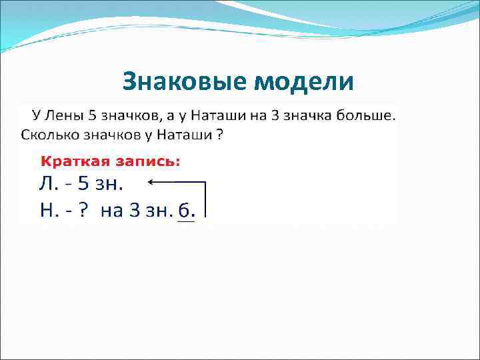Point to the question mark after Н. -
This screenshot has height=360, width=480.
tap(82, 211)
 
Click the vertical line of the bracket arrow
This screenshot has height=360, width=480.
tap(205, 198)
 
